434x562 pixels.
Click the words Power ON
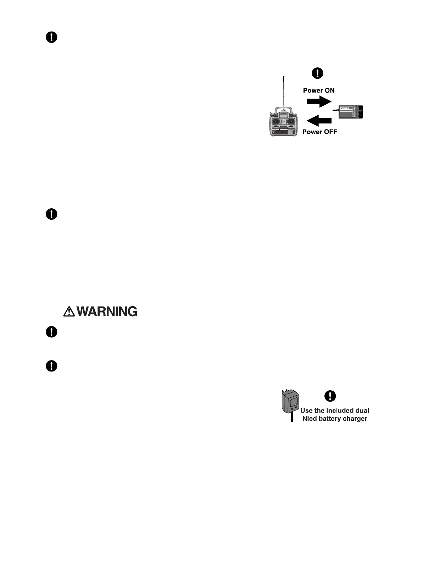(318, 90)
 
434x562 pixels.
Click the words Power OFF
(319, 132)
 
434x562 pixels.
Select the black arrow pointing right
(318, 101)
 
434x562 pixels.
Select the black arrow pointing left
(318, 121)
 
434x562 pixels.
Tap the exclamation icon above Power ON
(317, 73)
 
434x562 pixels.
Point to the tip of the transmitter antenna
(284, 77)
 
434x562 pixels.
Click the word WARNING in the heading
(107, 312)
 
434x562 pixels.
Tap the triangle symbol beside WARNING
(69, 312)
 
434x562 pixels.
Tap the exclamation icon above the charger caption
(330, 396)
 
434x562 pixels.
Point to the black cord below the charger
(291, 418)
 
